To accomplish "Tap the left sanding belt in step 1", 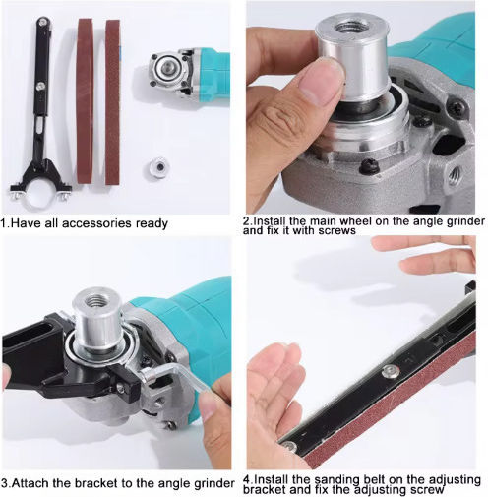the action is (x=86, y=101).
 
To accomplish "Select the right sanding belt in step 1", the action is (x=112, y=101).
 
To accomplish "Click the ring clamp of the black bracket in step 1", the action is (x=41, y=194).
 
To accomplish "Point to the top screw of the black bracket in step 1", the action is (x=42, y=23).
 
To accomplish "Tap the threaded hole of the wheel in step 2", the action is (x=352, y=26).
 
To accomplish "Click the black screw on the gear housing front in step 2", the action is (x=370, y=166).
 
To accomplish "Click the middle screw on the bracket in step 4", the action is (x=390, y=371).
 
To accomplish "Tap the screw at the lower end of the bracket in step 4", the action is (x=290, y=447).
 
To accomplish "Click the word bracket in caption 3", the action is (x=95, y=483).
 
